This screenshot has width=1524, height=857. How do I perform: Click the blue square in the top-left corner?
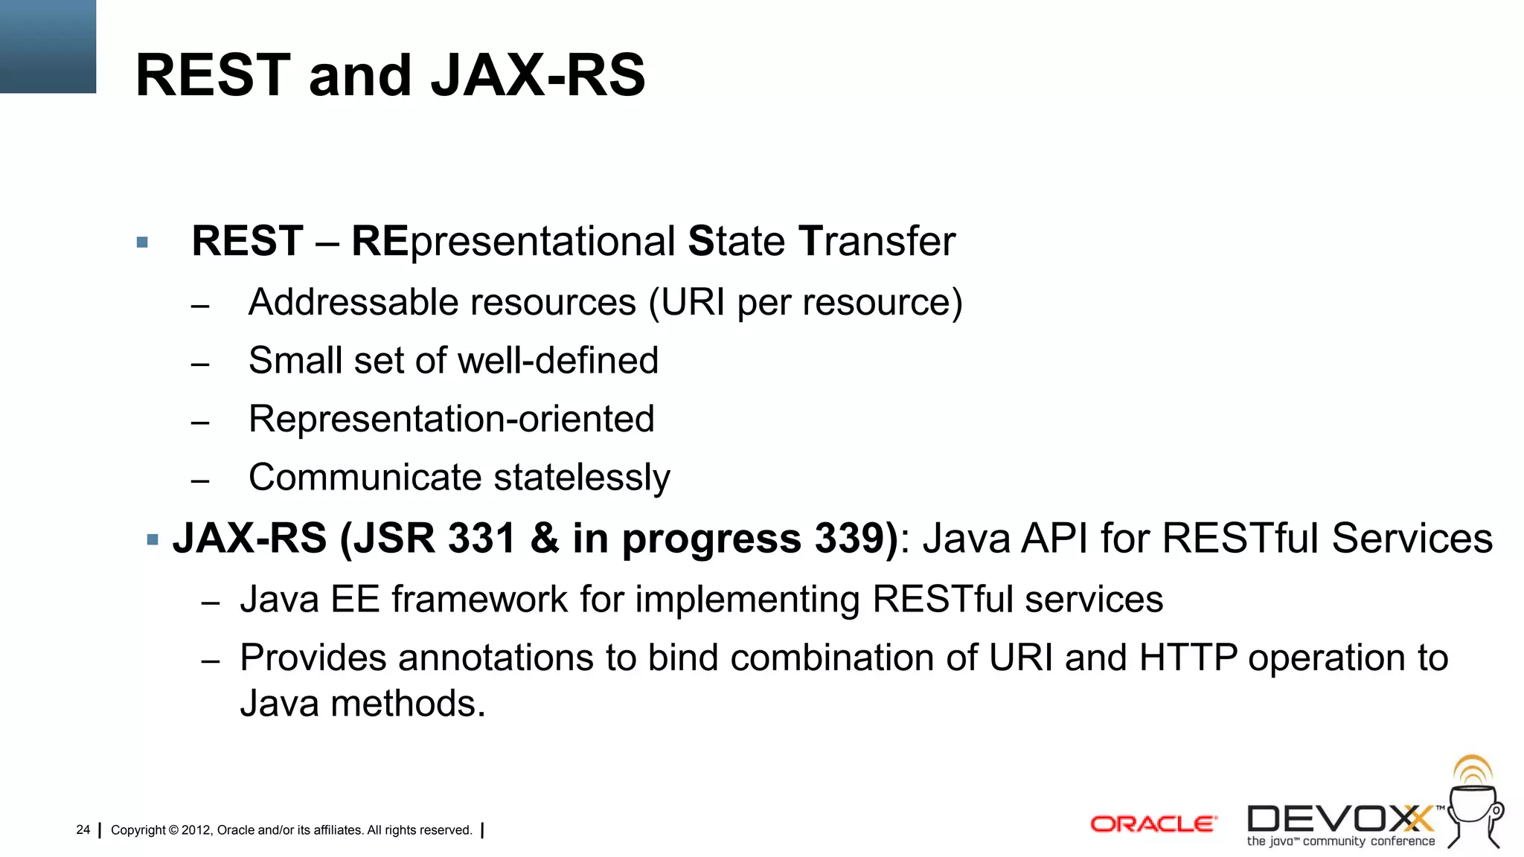(x=48, y=46)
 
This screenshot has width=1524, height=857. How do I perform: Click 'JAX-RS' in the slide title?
(x=538, y=76)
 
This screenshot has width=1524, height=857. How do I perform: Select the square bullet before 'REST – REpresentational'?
(x=142, y=243)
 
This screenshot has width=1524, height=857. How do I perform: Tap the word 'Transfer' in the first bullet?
(x=877, y=242)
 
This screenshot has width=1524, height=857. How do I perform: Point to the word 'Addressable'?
(x=354, y=303)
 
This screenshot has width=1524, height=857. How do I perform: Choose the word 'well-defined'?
(x=558, y=361)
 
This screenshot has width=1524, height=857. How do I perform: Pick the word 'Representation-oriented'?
(x=451, y=419)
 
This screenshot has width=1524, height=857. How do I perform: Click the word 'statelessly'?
(x=581, y=478)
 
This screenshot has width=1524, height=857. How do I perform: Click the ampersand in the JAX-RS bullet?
(x=545, y=538)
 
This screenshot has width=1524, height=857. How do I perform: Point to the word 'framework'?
(x=479, y=600)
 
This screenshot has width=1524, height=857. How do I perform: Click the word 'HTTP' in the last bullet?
(x=1188, y=658)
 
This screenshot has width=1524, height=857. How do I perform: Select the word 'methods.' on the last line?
(x=408, y=704)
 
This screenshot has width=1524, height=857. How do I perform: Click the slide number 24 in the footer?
(x=83, y=829)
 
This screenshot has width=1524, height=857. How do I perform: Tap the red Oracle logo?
(x=1153, y=824)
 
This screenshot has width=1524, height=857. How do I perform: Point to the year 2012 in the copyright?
(x=196, y=830)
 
